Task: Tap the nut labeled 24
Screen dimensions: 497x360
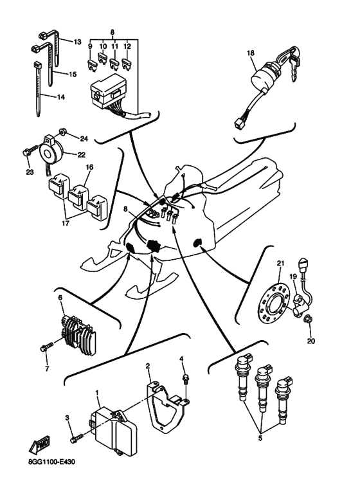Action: [x=65, y=131]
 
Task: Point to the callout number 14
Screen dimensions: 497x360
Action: [x=60, y=97]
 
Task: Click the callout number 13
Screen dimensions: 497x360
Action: [x=78, y=41]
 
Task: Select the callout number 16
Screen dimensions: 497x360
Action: [x=89, y=167]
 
